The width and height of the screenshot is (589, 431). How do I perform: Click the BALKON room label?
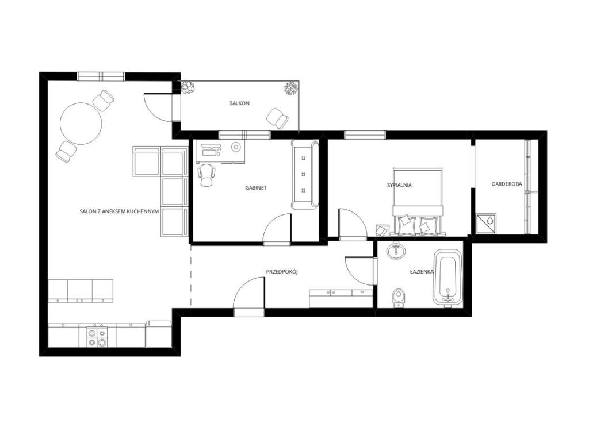[239, 103]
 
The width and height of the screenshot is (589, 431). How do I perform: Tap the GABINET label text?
[256, 187]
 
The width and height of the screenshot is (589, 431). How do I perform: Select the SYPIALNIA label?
[399, 184]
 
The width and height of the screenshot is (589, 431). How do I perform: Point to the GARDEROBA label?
[507, 184]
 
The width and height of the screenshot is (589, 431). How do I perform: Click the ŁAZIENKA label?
[422, 271]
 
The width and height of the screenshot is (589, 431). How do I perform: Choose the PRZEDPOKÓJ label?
[282, 271]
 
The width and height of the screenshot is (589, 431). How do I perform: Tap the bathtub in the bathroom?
[447, 278]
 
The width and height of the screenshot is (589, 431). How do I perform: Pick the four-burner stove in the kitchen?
[97, 337]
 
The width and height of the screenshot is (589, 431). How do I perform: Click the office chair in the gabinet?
[207, 175]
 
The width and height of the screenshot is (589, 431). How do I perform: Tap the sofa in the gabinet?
[305, 175]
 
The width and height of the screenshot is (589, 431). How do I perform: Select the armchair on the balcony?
[277, 117]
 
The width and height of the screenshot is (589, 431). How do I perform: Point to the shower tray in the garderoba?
[486, 224]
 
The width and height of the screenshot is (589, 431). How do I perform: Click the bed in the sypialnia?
[418, 201]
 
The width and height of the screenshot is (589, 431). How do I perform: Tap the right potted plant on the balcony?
[291, 88]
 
